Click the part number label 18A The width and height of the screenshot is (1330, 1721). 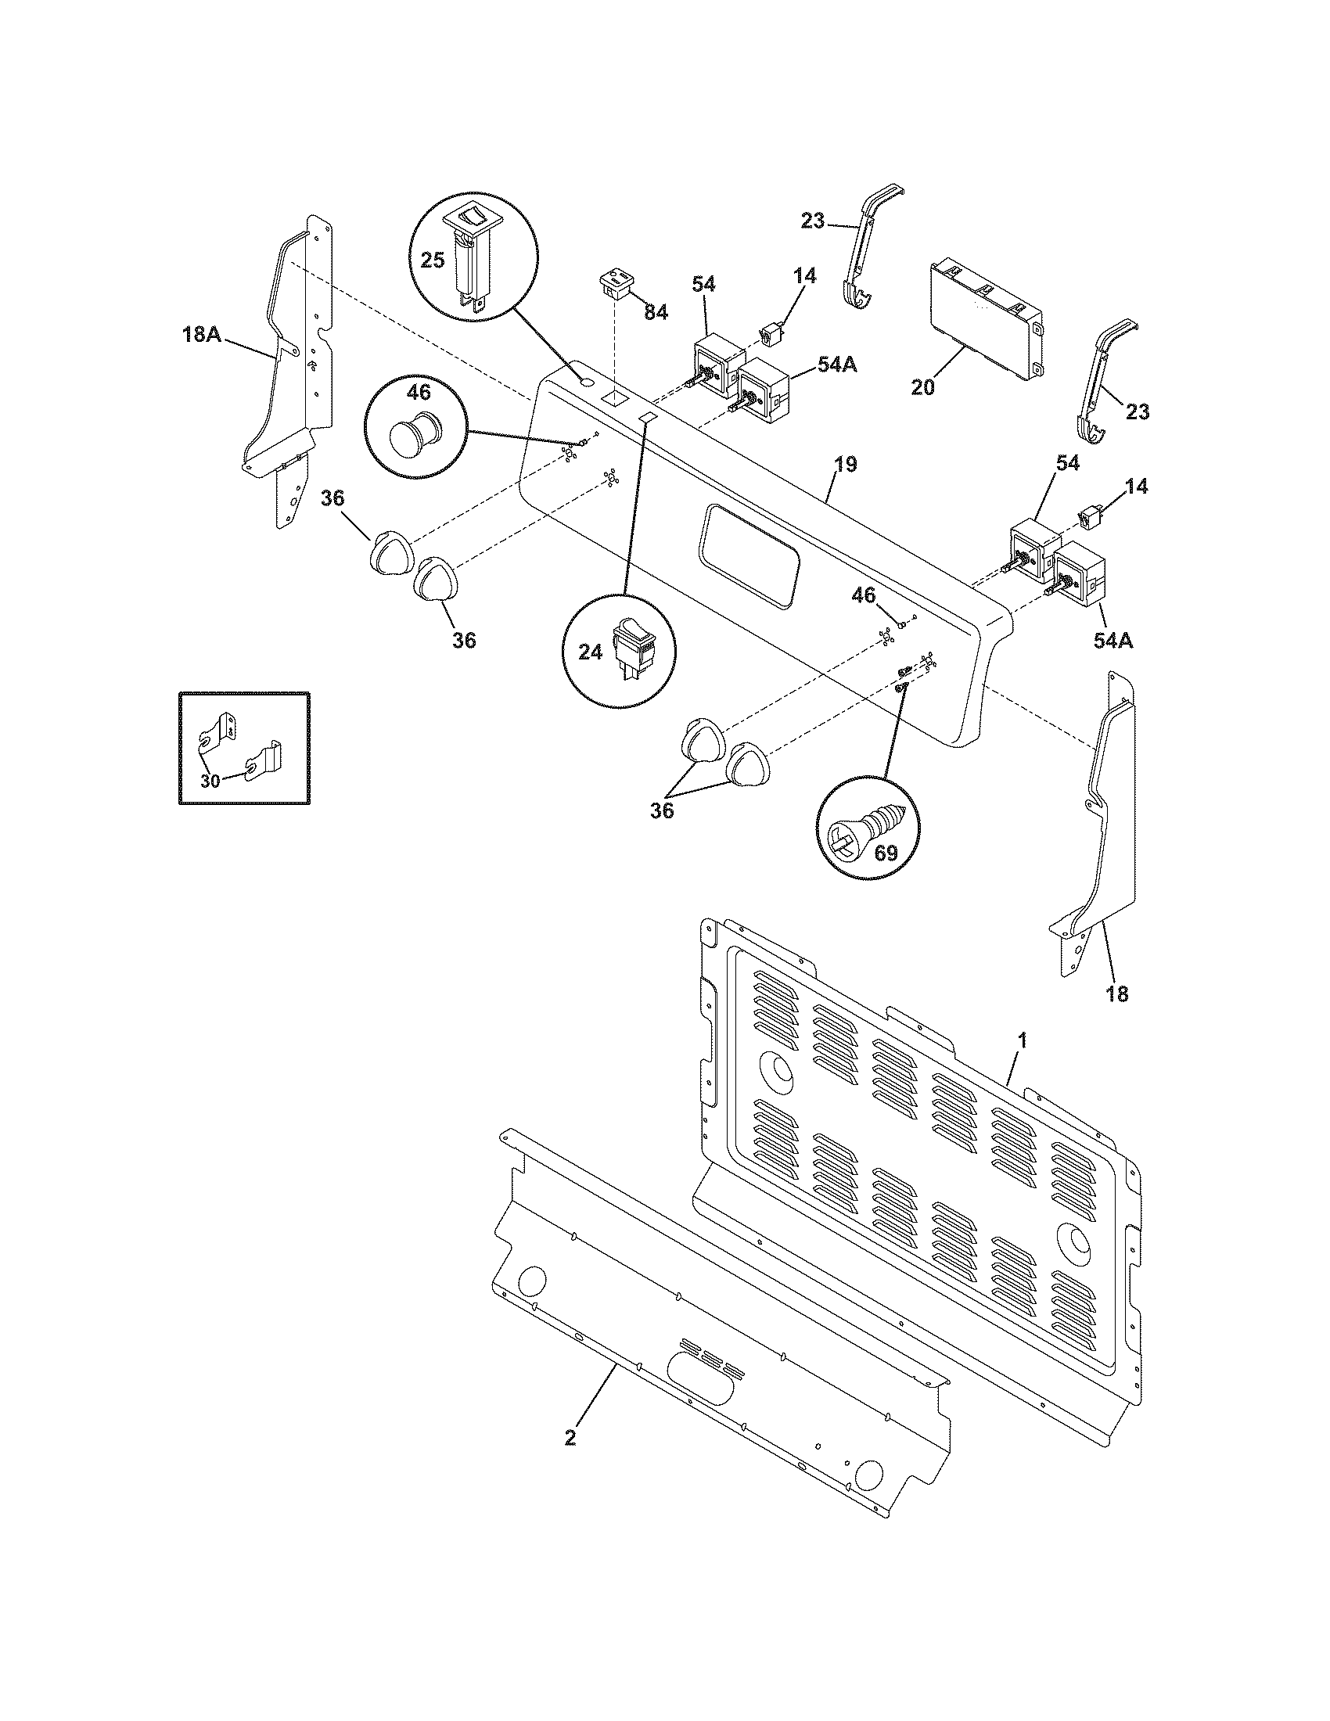coord(201,334)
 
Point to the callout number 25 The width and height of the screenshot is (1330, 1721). coord(433,259)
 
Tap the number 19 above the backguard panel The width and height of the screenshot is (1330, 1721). coord(845,464)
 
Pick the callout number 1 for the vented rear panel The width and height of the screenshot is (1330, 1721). coord(1022,1041)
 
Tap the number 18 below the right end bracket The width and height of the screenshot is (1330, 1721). coord(1117,994)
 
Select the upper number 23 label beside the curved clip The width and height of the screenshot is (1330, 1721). coord(812,221)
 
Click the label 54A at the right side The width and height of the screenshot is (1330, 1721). coord(1113,641)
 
